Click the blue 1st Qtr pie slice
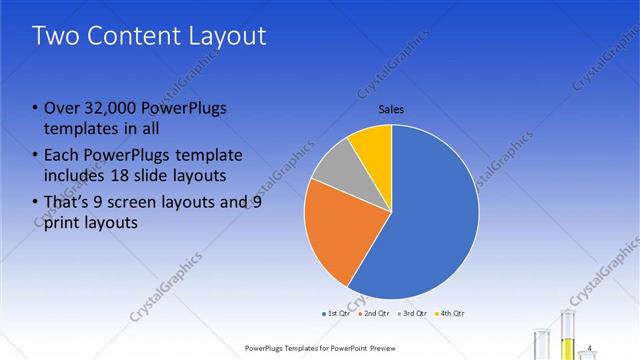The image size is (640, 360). pyautogui.click(x=430, y=215)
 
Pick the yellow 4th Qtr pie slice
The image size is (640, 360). pyautogui.click(x=373, y=142)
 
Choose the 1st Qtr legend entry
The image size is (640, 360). pyautogui.click(x=335, y=313)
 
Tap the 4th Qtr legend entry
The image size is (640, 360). pyautogui.click(x=452, y=313)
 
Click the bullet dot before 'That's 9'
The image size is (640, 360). pyautogui.click(x=36, y=202)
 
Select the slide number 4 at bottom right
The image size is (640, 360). pyautogui.click(x=590, y=347)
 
